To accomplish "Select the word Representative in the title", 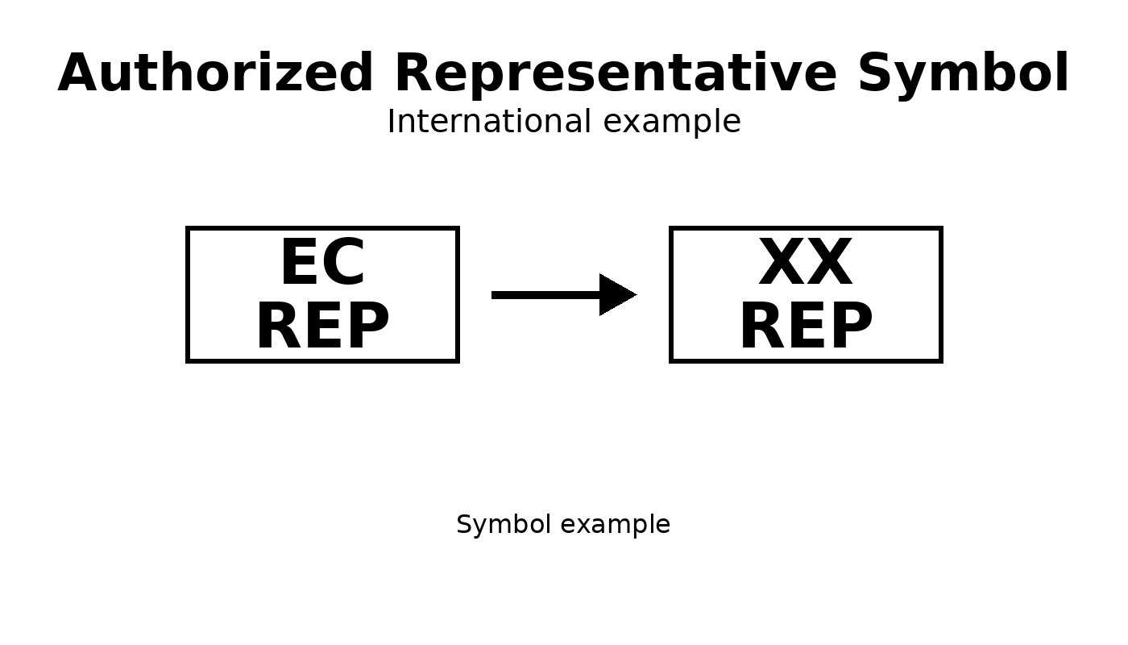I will pyautogui.click(x=616, y=74).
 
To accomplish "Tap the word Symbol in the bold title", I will pyautogui.click(x=963, y=74).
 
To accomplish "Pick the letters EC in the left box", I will pyautogui.click(x=322, y=264).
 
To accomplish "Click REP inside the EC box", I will pyautogui.click(x=322, y=327).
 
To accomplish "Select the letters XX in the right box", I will pyautogui.click(x=806, y=264).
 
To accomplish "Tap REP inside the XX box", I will pyautogui.click(x=806, y=327).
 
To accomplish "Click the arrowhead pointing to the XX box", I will pyautogui.click(x=616, y=295).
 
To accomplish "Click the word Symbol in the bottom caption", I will pyautogui.click(x=493, y=525).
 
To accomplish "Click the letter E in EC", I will pyautogui.click(x=300, y=264).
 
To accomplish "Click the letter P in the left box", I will pyautogui.click(x=367, y=327).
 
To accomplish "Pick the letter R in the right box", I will pyautogui.click(x=761, y=327).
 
